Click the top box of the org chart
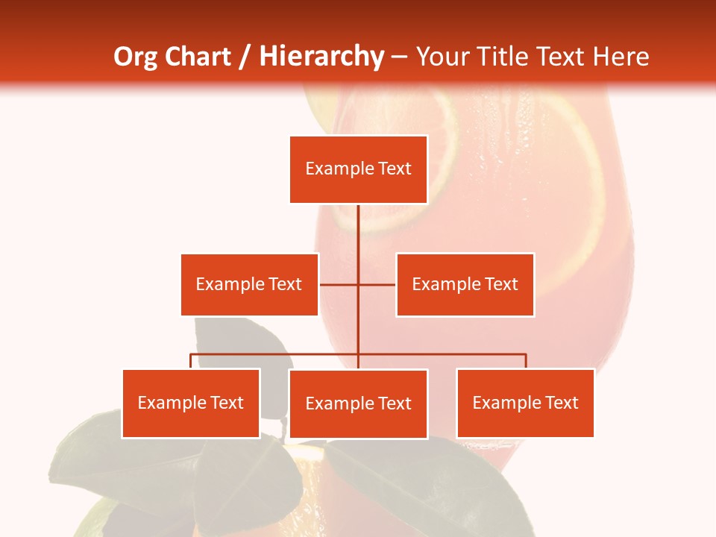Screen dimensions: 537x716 pos(358,169)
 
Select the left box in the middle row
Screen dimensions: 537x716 pos(249,284)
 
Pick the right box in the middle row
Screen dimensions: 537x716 pos(465,284)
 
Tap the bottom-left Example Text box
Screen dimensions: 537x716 pos(191,403)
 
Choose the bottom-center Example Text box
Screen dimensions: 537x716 pos(358,403)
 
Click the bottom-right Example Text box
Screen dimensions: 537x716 pos(525,403)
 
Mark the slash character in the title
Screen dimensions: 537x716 pos(245,57)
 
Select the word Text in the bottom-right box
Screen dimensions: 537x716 pos(561,403)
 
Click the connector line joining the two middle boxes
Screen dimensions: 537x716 pos(339,284)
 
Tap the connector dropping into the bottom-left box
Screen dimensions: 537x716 pos(191,361)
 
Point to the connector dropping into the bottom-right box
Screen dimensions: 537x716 pos(525,361)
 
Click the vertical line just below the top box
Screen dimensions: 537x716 pos(358,224)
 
